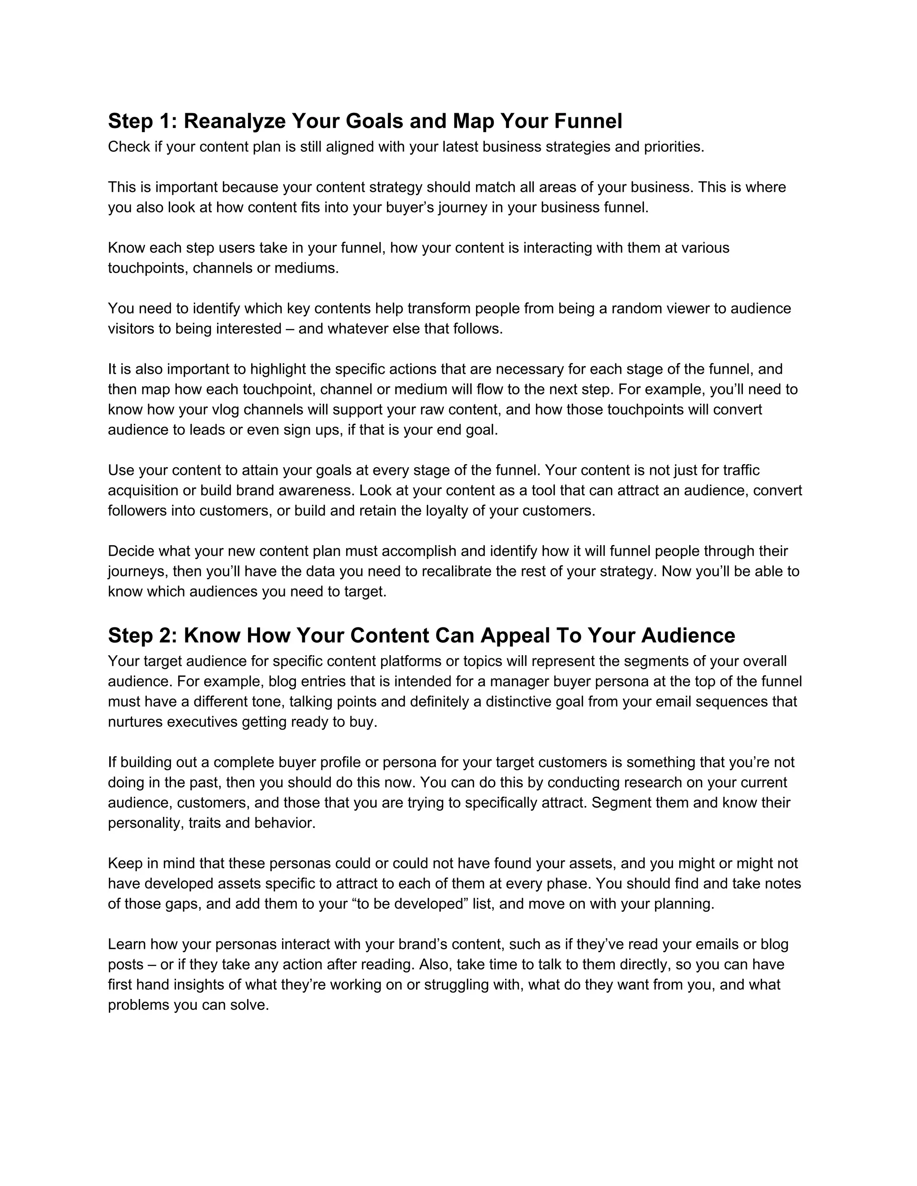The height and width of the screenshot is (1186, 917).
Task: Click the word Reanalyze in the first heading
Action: (234, 121)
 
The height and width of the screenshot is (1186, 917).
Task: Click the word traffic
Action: (737, 470)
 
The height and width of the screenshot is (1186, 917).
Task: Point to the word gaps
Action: (184, 904)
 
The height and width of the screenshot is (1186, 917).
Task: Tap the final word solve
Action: (249, 1005)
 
